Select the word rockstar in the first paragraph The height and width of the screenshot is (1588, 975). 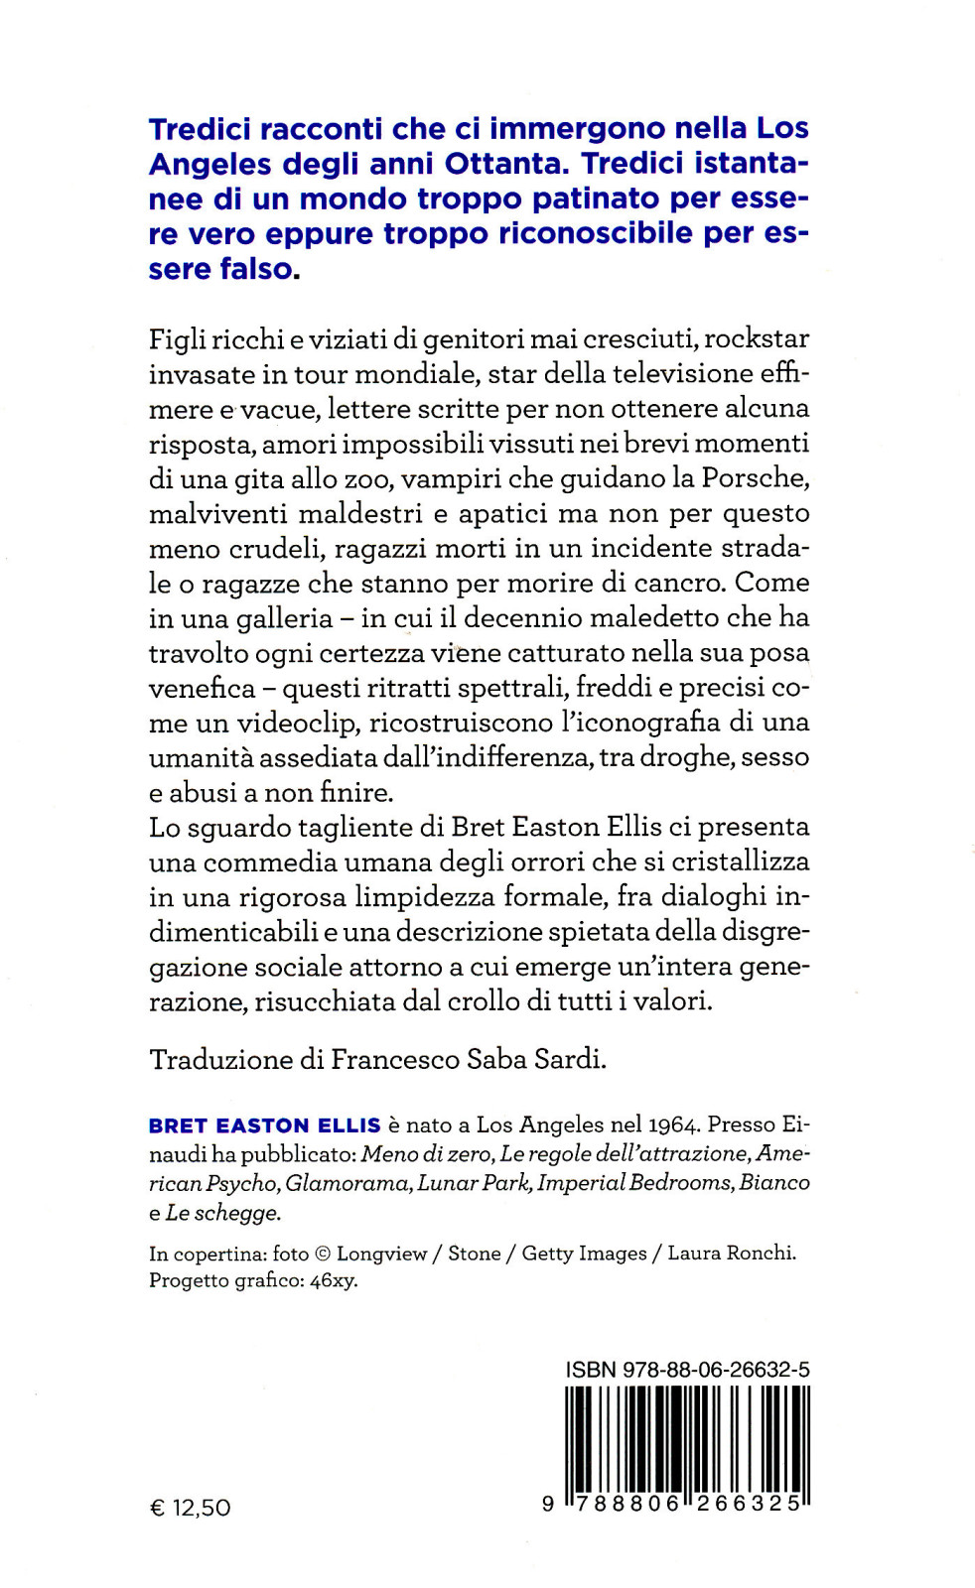[x=761, y=338]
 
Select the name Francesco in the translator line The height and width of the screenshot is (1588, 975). [x=394, y=1060]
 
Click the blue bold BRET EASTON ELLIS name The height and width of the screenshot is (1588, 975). [x=264, y=1125]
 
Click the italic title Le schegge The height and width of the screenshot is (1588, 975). [x=223, y=1212]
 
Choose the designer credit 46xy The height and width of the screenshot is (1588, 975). [x=334, y=1280]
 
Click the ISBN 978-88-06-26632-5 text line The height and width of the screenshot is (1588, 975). [x=687, y=1370]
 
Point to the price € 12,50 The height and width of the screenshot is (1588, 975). [x=190, y=1508]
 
